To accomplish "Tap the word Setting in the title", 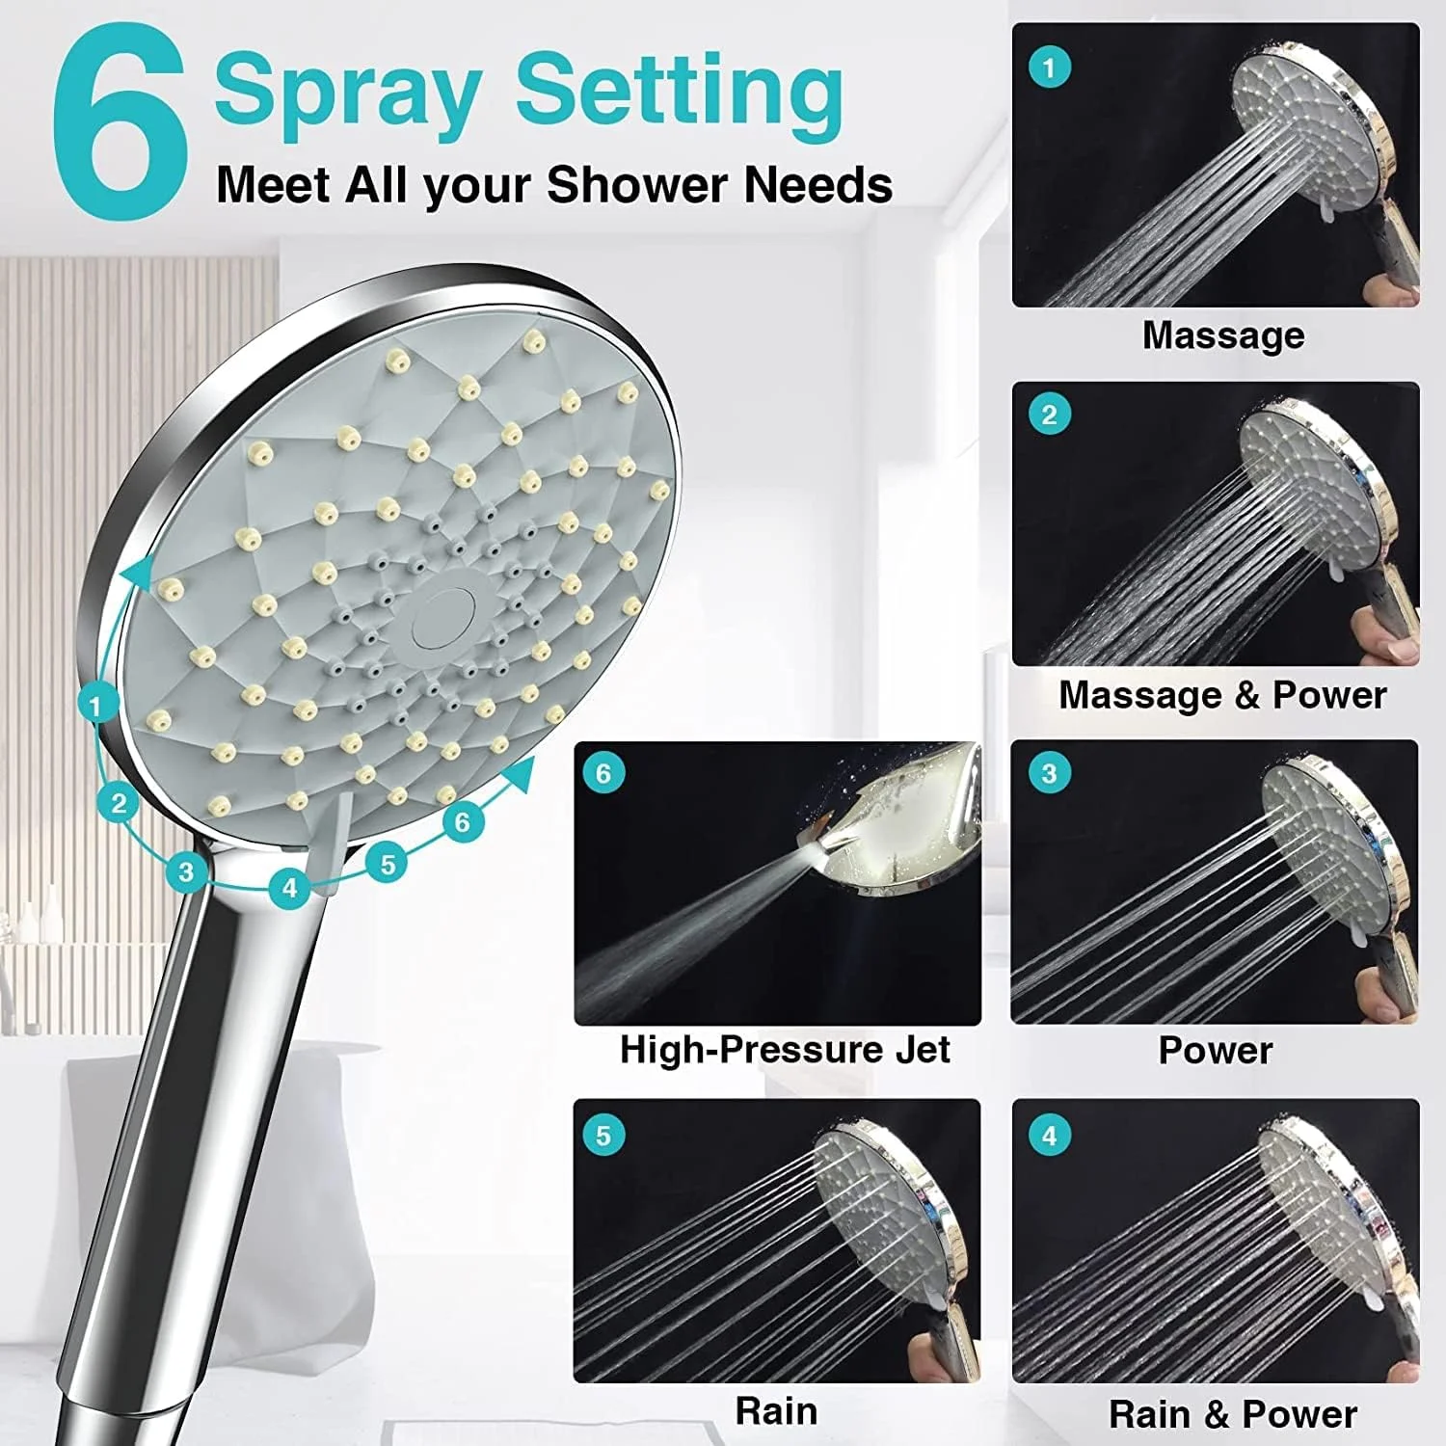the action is pyautogui.click(x=680, y=91).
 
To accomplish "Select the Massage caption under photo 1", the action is pyautogui.click(x=1223, y=335).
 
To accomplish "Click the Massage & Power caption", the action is pyautogui.click(x=1222, y=695).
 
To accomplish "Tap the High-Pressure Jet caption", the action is pyautogui.click(x=785, y=1049).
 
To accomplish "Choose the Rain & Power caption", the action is pyautogui.click(x=1233, y=1414).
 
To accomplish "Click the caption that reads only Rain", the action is pyautogui.click(x=777, y=1411).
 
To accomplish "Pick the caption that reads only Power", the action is pyautogui.click(x=1216, y=1050).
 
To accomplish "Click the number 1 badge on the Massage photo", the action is pyautogui.click(x=1050, y=67).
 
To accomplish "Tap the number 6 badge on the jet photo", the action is pyautogui.click(x=603, y=774).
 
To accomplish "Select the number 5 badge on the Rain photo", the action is pyautogui.click(x=603, y=1136).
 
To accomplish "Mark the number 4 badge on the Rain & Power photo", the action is pyautogui.click(x=1050, y=1136).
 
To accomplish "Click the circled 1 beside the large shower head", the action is pyautogui.click(x=94, y=708).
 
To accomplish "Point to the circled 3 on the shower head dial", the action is pyautogui.click(x=186, y=872).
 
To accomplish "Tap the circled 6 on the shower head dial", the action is pyautogui.click(x=463, y=821).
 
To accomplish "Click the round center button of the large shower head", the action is pyautogui.click(x=440, y=617).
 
